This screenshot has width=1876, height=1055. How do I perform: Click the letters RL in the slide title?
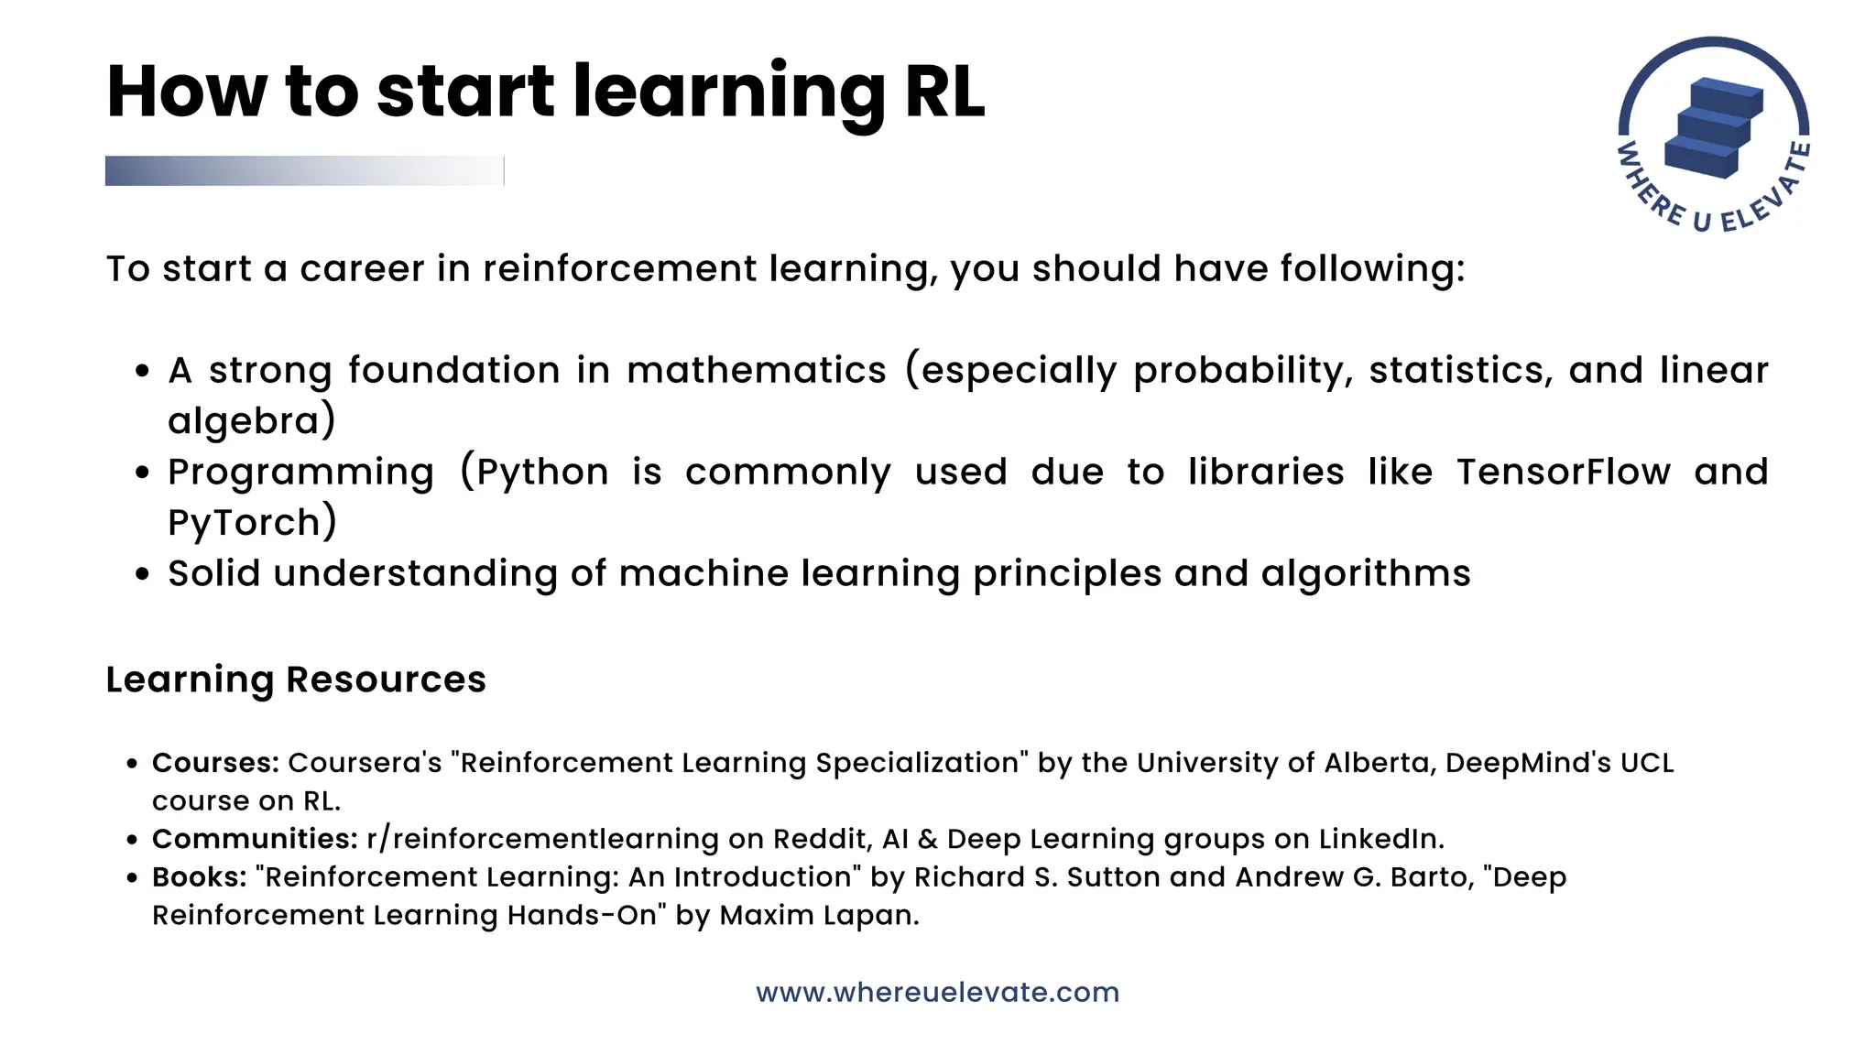click(944, 92)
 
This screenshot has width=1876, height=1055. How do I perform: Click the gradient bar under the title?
click(304, 171)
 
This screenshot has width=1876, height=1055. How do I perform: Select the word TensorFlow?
click(1564, 473)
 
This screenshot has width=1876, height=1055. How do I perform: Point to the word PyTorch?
click(244, 523)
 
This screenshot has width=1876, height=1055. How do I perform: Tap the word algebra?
click(244, 421)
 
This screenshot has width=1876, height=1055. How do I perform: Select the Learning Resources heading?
click(296, 680)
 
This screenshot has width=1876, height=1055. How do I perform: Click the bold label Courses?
click(215, 763)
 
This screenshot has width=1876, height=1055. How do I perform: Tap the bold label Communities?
click(255, 839)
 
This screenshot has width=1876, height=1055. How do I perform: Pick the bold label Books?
click(199, 877)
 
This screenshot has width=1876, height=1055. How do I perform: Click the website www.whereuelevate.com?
click(937, 993)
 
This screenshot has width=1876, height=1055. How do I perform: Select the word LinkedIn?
click(1380, 839)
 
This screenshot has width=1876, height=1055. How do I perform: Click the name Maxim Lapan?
click(818, 915)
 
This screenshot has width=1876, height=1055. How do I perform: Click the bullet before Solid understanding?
click(142, 574)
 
